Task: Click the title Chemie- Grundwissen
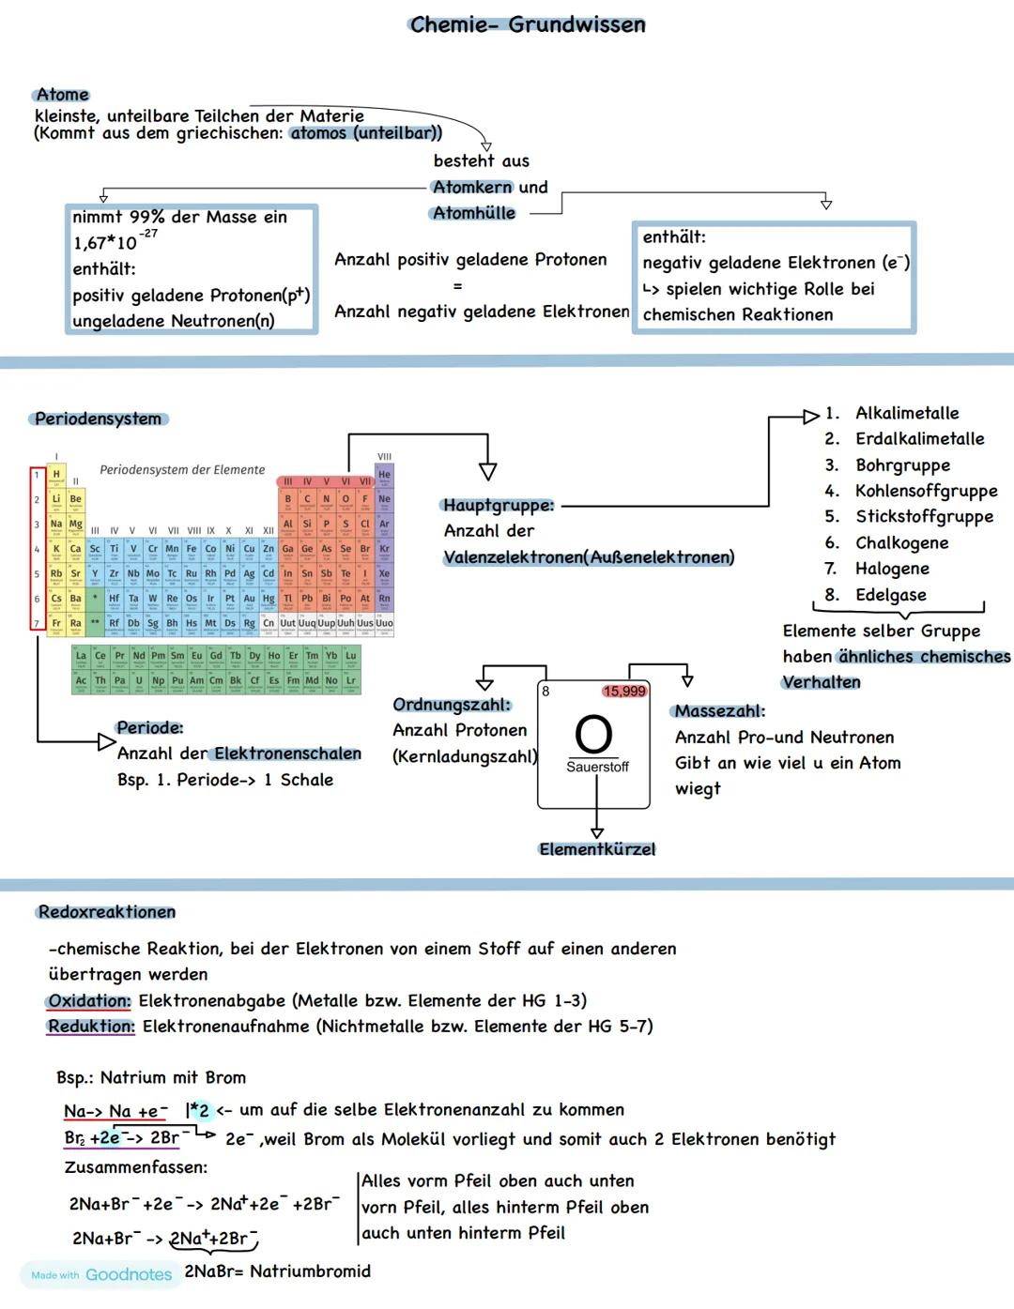pos(528,25)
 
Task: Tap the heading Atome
pos(62,95)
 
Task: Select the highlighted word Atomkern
pos(472,187)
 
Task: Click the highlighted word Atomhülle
pos(474,213)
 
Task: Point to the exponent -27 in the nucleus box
pos(148,234)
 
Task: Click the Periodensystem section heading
pos(98,419)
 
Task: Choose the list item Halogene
pos(892,569)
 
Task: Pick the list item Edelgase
pos(890,595)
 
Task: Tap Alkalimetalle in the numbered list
pos(907,413)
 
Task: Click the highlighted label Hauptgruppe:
pos(499,506)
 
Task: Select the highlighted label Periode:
pos(150,727)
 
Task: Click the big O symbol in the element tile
pos(593,734)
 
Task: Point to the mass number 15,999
pos(624,692)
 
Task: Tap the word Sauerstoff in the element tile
pos(597,767)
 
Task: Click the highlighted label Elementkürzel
pos(597,849)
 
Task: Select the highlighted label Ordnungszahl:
pos(452,705)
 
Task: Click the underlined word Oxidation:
pos(89,1001)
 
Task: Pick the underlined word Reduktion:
pos(91,1027)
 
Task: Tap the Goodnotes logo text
pos(129,1274)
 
